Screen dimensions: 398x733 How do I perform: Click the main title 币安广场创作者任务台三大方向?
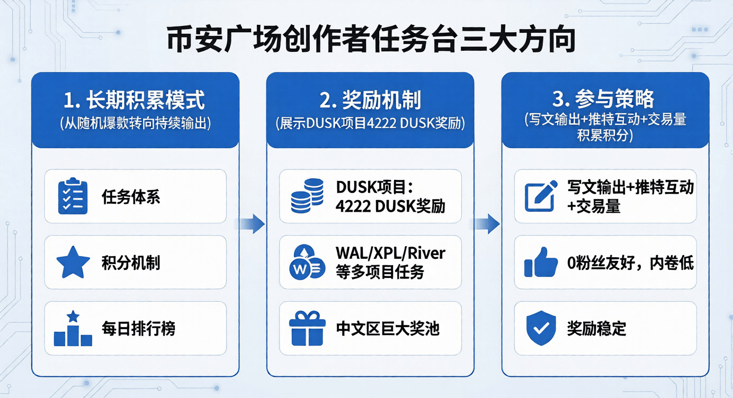point(371,41)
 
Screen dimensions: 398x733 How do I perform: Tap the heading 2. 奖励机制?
point(370,99)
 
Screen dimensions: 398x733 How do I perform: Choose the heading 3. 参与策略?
point(605,99)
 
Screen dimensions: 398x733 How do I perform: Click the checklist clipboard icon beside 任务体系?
point(73,196)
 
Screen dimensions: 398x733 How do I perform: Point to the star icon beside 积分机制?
point(73,263)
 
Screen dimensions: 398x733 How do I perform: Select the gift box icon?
point(307,329)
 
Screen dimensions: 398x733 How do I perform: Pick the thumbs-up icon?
point(541,263)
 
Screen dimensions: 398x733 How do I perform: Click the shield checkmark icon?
point(541,329)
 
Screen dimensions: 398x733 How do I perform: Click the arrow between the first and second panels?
point(252,224)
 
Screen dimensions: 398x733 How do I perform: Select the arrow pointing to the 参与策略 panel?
point(487,224)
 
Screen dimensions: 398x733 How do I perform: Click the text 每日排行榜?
point(138,329)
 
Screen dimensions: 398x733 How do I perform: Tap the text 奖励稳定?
point(596,329)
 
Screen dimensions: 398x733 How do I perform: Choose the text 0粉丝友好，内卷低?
point(630,263)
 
